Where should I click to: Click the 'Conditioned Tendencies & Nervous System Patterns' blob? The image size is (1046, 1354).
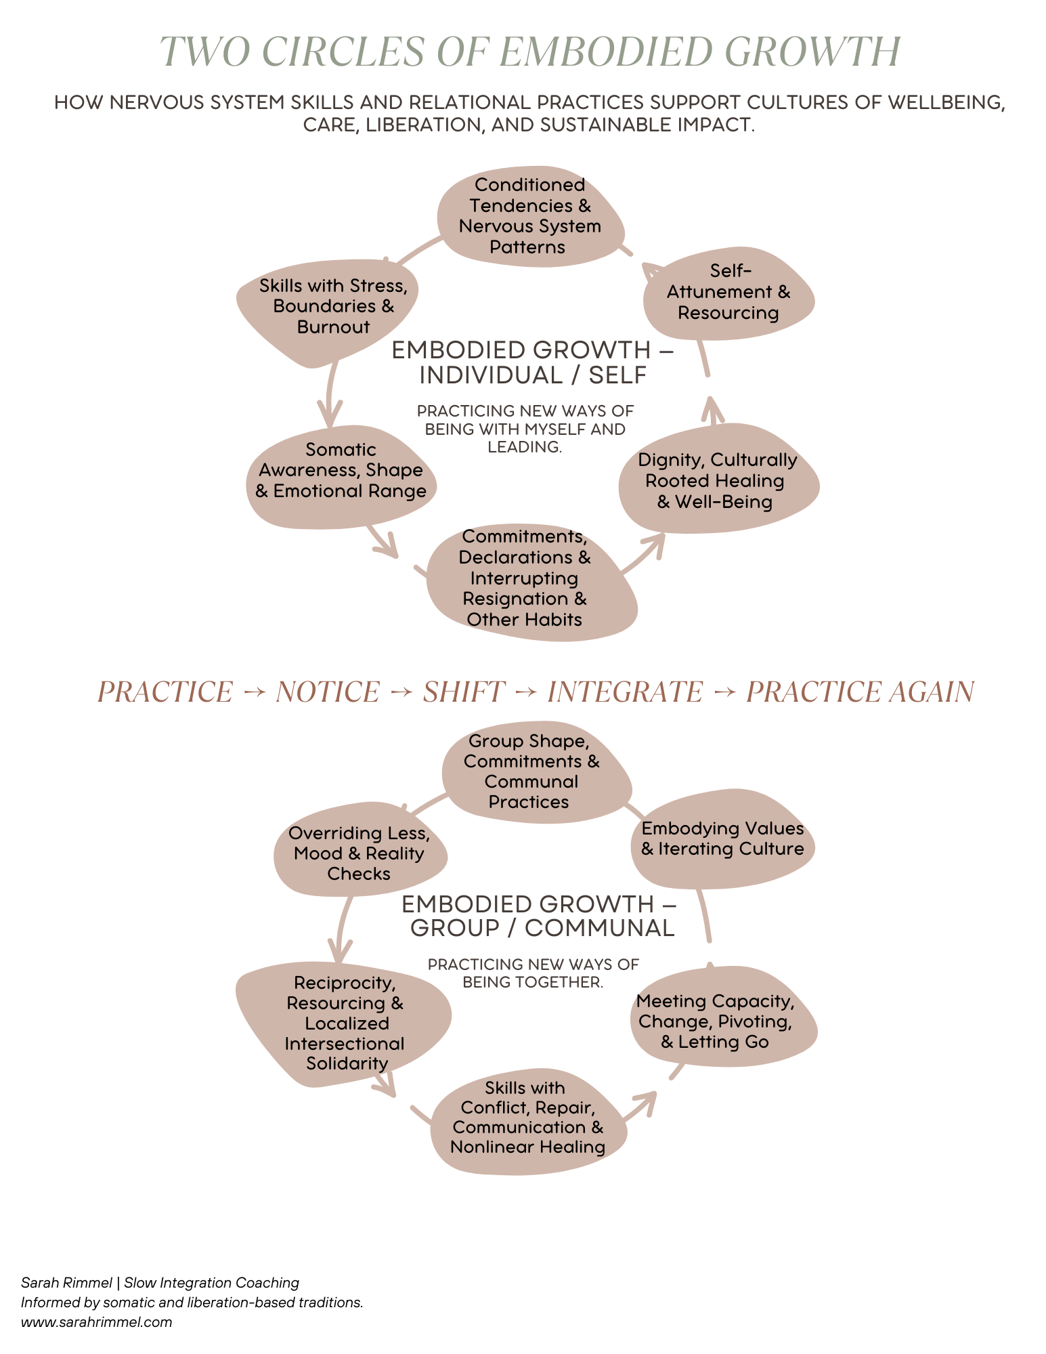pyautogui.click(x=529, y=216)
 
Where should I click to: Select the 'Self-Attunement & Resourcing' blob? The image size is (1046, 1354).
pyautogui.click(x=728, y=292)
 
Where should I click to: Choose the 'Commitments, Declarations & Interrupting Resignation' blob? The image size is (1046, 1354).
pyautogui.click(x=525, y=578)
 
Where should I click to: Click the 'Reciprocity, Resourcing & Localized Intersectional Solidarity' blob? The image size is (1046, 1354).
pyautogui.click(x=344, y=1023)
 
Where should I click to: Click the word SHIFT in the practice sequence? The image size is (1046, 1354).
pyautogui.click(x=464, y=692)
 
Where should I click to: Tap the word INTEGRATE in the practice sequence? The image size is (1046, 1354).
pyautogui.click(x=625, y=692)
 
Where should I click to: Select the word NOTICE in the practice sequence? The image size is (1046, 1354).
pyautogui.click(x=328, y=692)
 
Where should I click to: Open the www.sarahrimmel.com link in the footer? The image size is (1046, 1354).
pyautogui.click(x=97, y=1321)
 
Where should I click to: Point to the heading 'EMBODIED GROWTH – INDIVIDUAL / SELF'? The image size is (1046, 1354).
pyautogui.click(x=532, y=362)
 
